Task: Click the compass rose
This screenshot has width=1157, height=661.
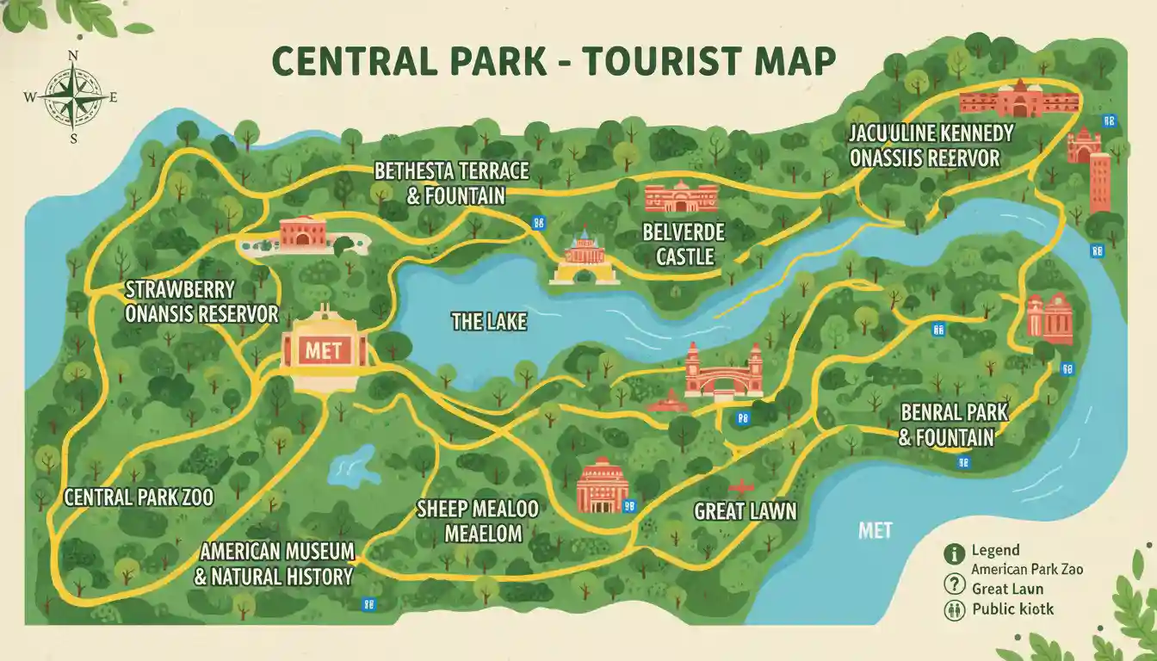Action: click(x=73, y=96)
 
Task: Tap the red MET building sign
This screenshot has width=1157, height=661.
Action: click(x=324, y=351)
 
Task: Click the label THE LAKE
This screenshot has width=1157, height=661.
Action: click(x=488, y=323)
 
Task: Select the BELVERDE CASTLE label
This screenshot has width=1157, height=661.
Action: click(x=684, y=244)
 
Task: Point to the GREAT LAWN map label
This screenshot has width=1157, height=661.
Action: click(x=745, y=511)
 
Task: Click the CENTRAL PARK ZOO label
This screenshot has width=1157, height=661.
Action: click(x=139, y=497)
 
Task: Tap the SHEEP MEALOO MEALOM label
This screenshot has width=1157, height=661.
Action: click(x=477, y=521)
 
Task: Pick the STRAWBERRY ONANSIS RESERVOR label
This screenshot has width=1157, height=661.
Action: click(x=201, y=301)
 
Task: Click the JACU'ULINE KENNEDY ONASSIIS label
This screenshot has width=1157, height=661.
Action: click(x=931, y=145)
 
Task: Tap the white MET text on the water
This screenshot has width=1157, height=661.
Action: click(x=875, y=530)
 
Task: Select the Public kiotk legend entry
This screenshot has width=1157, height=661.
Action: click(x=1012, y=609)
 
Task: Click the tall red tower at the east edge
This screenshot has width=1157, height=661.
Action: click(x=1099, y=182)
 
